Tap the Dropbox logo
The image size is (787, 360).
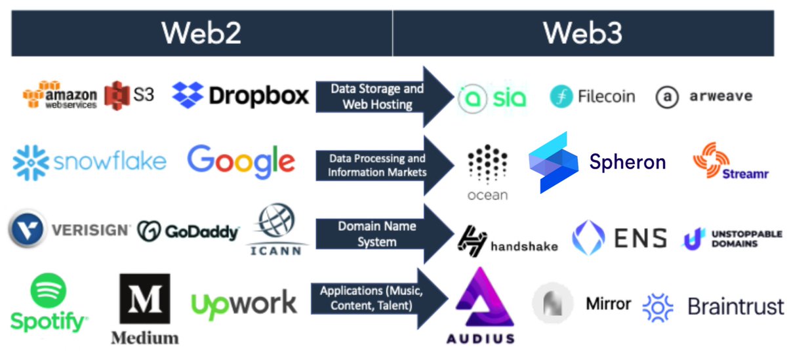point(240,96)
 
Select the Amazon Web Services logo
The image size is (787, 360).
point(60,96)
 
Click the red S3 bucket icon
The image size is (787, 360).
point(118,96)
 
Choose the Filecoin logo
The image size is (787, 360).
point(592,96)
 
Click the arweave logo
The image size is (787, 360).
point(703,97)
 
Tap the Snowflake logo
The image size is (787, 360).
point(89,161)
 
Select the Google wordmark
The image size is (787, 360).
point(241,161)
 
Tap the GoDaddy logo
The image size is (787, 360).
point(188,231)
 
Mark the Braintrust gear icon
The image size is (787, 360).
point(658,307)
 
